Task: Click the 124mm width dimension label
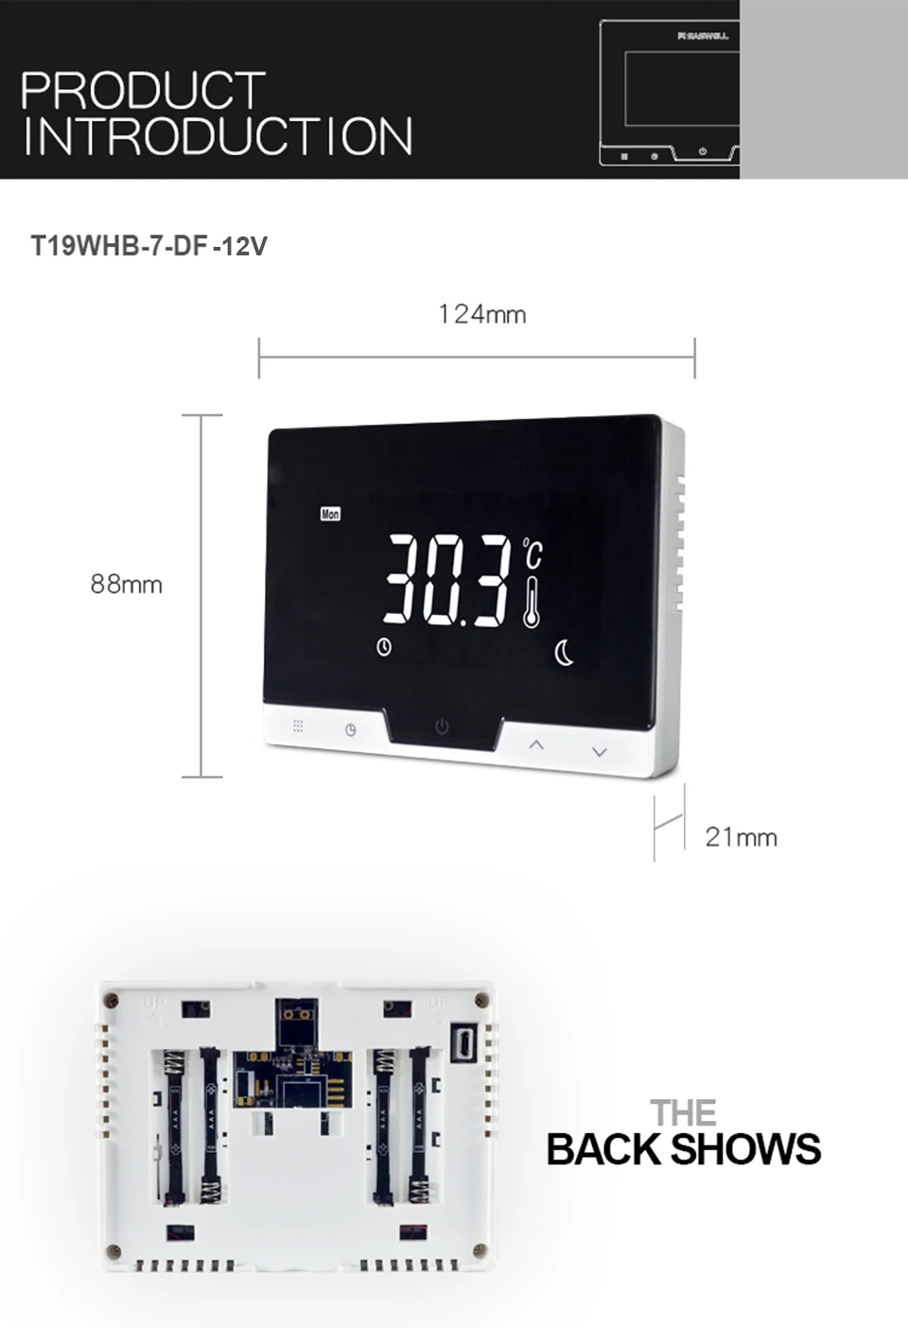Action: (x=481, y=314)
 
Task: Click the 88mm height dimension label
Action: (x=126, y=585)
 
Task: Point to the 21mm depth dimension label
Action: (x=741, y=837)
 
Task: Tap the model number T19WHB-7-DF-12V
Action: (x=149, y=247)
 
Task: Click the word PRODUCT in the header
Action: (x=143, y=91)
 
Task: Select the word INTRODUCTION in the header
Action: (x=218, y=137)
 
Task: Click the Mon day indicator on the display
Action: (x=330, y=514)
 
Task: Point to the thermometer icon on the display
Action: (x=533, y=602)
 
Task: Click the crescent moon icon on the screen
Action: (x=564, y=653)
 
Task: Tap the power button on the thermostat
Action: (x=442, y=726)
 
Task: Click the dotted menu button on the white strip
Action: (x=298, y=725)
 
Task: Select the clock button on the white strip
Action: (x=351, y=729)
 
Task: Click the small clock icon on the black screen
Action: (x=384, y=647)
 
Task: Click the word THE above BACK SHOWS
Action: (x=683, y=1113)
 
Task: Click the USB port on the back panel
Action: (x=465, y=1043)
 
